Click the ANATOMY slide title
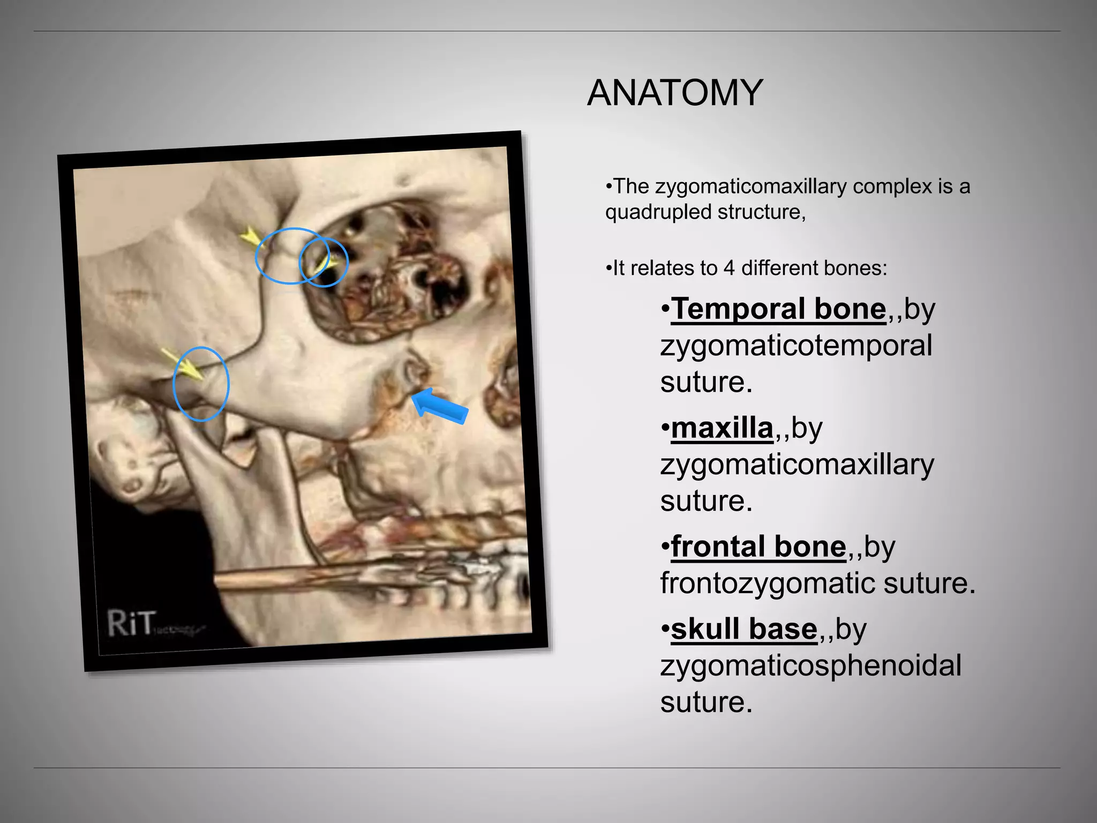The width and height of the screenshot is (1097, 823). coord(675,93)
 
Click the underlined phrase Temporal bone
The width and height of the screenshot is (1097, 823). coord(778,309)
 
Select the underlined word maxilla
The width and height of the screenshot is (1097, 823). coord(722,428)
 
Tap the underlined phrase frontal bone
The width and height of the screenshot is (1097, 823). coord(758,547)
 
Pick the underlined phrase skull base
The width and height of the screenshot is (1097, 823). coord(744,629)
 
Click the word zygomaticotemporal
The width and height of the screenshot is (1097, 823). coord(796,346)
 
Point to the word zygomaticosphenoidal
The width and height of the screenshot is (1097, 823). coord(810,665)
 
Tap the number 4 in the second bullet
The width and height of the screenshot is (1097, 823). coord(728,268)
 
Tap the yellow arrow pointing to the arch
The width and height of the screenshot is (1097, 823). coord(182,364)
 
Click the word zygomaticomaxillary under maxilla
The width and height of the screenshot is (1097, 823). coord(797,465)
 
